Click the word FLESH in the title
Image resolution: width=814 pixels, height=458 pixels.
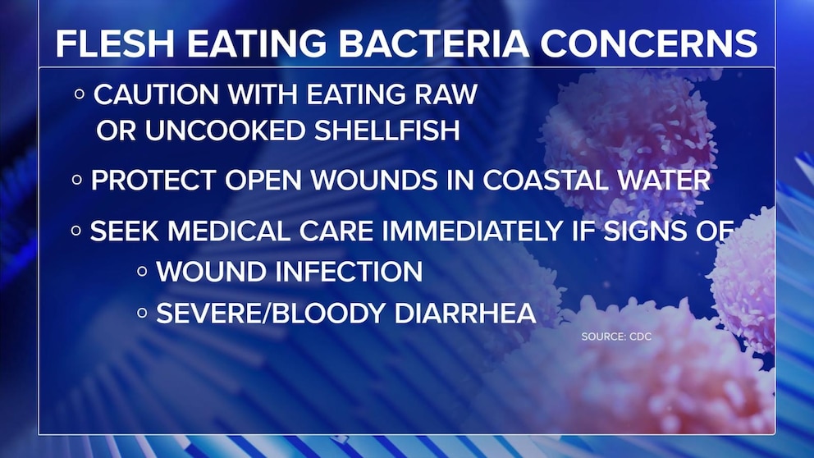pos(115,44)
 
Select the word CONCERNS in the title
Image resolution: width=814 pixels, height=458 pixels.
pos(649,44)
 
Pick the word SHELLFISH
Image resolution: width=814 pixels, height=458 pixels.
pos(387,131)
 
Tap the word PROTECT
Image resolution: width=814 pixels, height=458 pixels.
pos(153,181)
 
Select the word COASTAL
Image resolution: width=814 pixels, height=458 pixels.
pos(544,181)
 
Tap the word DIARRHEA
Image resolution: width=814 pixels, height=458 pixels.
pos(465,313)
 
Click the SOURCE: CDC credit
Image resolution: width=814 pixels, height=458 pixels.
pos(616,337)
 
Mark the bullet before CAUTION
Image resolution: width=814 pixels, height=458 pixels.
pos(80,94)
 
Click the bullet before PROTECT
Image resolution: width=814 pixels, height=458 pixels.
pos(77,181)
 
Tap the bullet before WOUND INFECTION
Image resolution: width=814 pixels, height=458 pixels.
pos(142,271)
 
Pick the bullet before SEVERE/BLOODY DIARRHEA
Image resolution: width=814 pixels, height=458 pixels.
pos(142,313)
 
